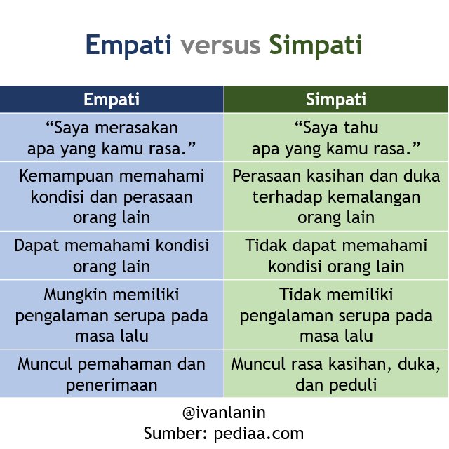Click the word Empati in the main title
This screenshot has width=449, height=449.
[x=128, y=45]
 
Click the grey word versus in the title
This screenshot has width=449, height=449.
[x=220, y=46]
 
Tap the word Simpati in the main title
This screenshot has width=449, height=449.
[x=316, y=45]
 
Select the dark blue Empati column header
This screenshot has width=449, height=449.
[x=112, y=99]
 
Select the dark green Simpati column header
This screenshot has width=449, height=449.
[x=336, y=99]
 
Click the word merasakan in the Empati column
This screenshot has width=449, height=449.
[x=137, y=128]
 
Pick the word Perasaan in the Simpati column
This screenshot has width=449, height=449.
[x=267, y=176]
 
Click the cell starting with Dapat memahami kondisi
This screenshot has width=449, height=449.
[x=112, y=255]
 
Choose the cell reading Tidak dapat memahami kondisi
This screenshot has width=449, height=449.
[x=336, y=255]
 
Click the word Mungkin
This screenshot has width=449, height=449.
[x=74, y=295]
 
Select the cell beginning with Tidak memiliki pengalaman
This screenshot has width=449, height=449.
[x=336, y=314]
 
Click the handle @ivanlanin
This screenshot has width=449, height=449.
[x=224, y=413]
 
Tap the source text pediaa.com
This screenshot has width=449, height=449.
[x=259, y=434]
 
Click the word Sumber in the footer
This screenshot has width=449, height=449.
[x=175, y=434]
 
